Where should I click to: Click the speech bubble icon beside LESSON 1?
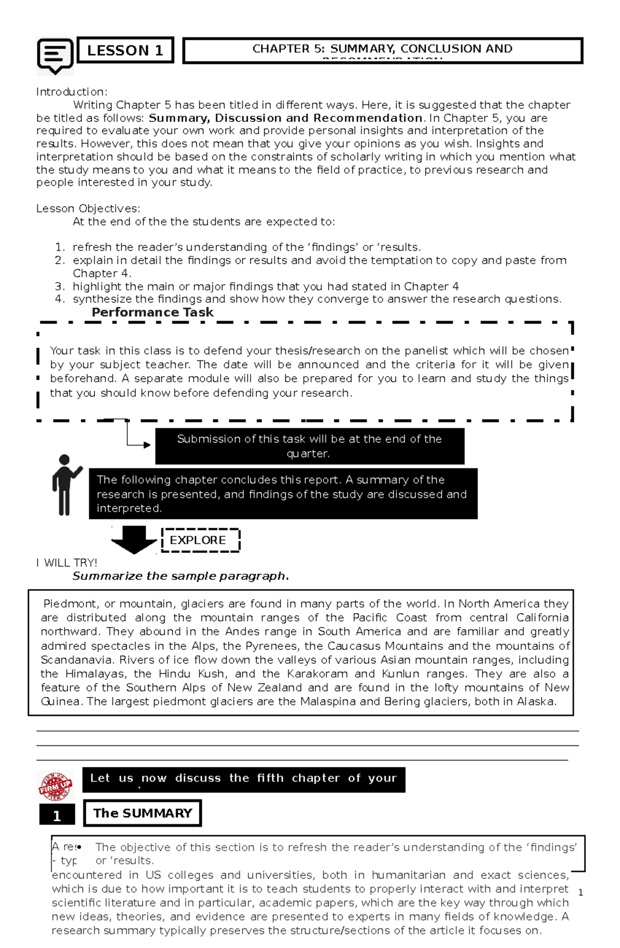coord(55,55)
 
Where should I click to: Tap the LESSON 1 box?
coord(125,50)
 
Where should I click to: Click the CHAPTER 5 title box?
coord(382,50)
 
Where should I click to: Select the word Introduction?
coord(71,92)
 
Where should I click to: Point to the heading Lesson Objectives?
coord(88,209)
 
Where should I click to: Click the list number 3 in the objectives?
coord(60,286)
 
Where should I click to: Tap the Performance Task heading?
coord(152,312)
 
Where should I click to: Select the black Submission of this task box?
coord(309,446)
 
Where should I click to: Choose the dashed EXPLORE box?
coord(200,540)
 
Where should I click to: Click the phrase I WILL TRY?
coord(67,563)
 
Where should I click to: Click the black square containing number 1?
coord(57,816)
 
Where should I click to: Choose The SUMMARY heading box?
coord(143,813)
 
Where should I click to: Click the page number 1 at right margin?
coord(581,892)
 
